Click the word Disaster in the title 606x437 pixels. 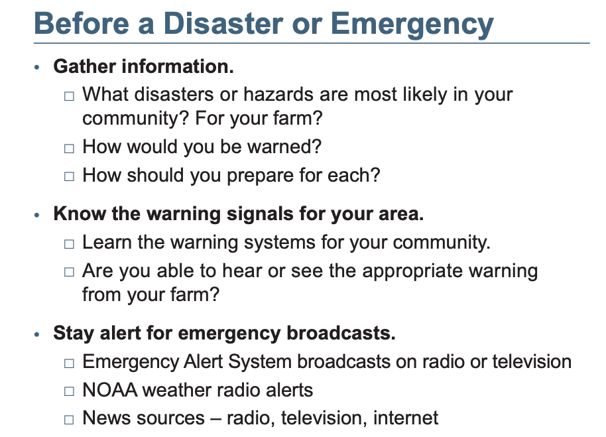[x=223, y=23]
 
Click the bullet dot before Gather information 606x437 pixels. [x=37, y=67]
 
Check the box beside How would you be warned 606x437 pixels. [x=69, y=148]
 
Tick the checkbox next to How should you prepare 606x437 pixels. [x=69, y=176]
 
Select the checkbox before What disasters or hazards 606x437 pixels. [x=69, y=95]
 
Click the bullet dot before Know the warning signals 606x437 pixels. [x=37, y=215]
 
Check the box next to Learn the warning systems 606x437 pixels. [x=69, y=244]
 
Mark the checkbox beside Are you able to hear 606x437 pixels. [x=69, y=272]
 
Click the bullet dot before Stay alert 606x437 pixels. [x=37, y=334]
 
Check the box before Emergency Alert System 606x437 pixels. [x=69, y=363]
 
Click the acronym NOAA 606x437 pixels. [x=110, y=390]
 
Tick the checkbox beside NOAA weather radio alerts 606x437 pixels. [x=69, y=391]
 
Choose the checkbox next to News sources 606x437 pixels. [x=69, y=419]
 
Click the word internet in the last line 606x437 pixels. [x=405, y=418]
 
